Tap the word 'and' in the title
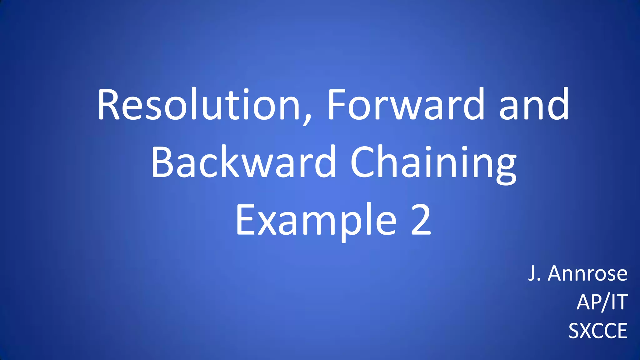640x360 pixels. click(534, 105)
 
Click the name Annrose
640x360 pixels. click(587, 274)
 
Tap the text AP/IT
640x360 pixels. click(602, 302)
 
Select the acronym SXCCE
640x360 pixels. click(597, 331)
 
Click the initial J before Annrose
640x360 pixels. click(532, 274)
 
